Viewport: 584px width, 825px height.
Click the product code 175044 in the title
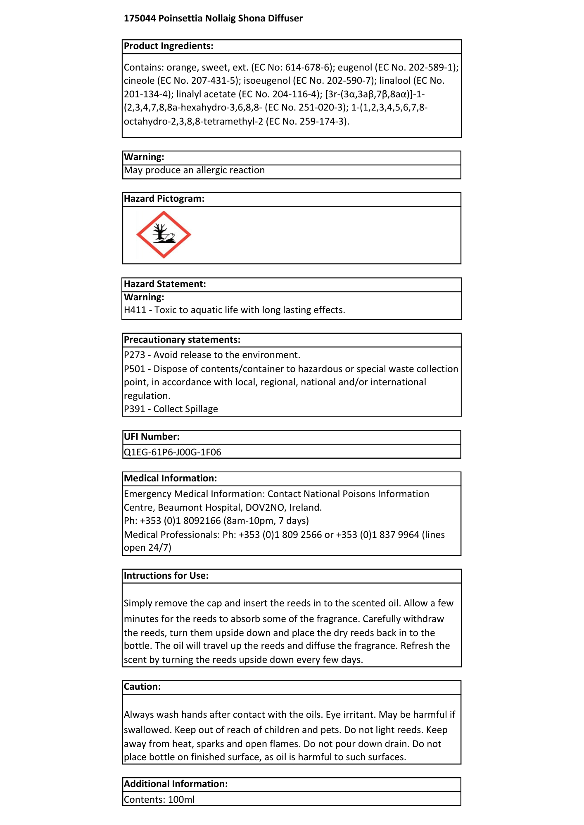(140, 19)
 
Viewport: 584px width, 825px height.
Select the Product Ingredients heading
(169, 46)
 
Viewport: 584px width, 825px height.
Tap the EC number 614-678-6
(308, 67)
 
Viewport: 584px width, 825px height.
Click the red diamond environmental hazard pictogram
(164, 235)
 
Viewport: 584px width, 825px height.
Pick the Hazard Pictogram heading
(164, 199)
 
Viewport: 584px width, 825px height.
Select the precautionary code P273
(135, 355)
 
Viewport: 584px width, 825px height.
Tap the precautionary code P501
(135, 369)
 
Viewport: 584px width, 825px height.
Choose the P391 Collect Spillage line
(171, 409)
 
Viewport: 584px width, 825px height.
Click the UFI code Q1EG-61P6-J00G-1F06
(172, 453)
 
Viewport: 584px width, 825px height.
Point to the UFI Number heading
(152, 437)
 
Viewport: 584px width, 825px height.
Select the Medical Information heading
(170, 478)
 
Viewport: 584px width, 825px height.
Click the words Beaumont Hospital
(200, 508)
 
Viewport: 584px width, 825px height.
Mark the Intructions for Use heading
(166, 576)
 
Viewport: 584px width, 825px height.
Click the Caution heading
(142, 687)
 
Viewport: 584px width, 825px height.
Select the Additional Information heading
(176, 784)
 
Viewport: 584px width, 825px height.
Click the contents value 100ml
(181, 800)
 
